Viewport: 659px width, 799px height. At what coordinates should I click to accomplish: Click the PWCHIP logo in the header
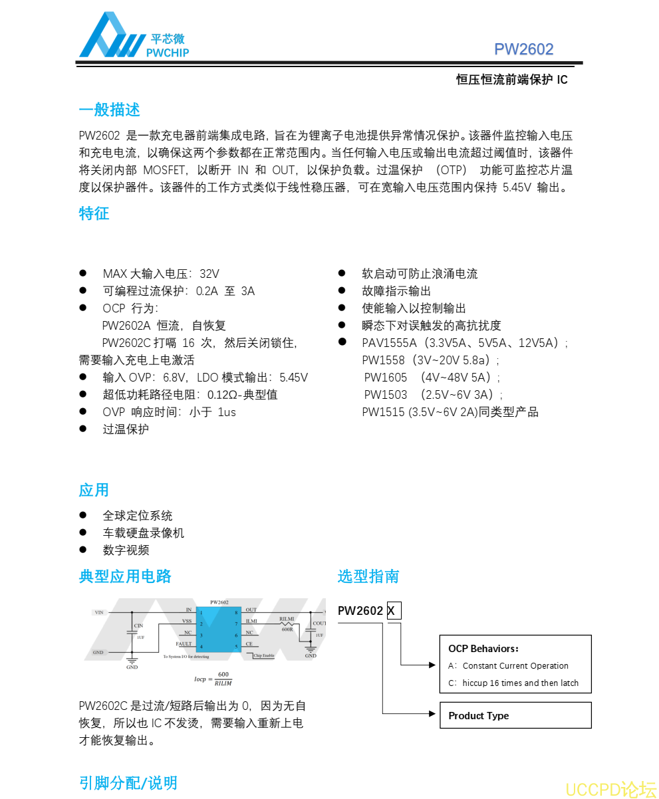pyautogui.click(x=134, y=36)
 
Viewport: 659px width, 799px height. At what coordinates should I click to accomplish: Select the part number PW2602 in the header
pyautogui.click(x=523, y=49)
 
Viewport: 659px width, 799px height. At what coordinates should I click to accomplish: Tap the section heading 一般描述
pyautogui.click(x=109, y=110)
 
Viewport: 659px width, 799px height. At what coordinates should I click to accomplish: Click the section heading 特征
pyautogui.click(x=94, y=213)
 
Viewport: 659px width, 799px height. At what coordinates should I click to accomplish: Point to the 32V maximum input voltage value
pyautogui.click(x=209, y=274)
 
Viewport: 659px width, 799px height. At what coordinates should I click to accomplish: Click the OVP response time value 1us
pyautogui.click(x=227, y=412)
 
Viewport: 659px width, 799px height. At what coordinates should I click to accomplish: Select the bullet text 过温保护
pyautogui.click(x=126, y=429)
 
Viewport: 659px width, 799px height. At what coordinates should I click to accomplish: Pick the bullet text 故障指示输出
pyautogui.click(x=396, y=291)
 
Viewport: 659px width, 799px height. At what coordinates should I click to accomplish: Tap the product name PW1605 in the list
pyautogui.click(x=385, y=378)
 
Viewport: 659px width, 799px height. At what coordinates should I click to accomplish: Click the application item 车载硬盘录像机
pyautogui.click(x=143, y=533)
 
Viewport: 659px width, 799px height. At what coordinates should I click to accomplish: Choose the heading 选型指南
pyautogui.click(x=368, y=576)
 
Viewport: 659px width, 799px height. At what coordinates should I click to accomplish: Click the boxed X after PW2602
pyautogui.click(x=394, y=611)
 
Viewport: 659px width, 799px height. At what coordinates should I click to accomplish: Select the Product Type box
pyautogui.click(x=515, y=715)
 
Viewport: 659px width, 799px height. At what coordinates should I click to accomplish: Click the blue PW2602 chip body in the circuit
pyautogui.click(x=219, y=628)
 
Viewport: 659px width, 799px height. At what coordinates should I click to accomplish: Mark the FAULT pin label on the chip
pyautogui.click(x=184, y=644)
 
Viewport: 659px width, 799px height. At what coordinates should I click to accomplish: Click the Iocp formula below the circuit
pyautogui.click(x=213, y=679)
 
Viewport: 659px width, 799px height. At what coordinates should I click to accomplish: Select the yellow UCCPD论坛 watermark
pyautogui.click(x=610, y=789)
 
